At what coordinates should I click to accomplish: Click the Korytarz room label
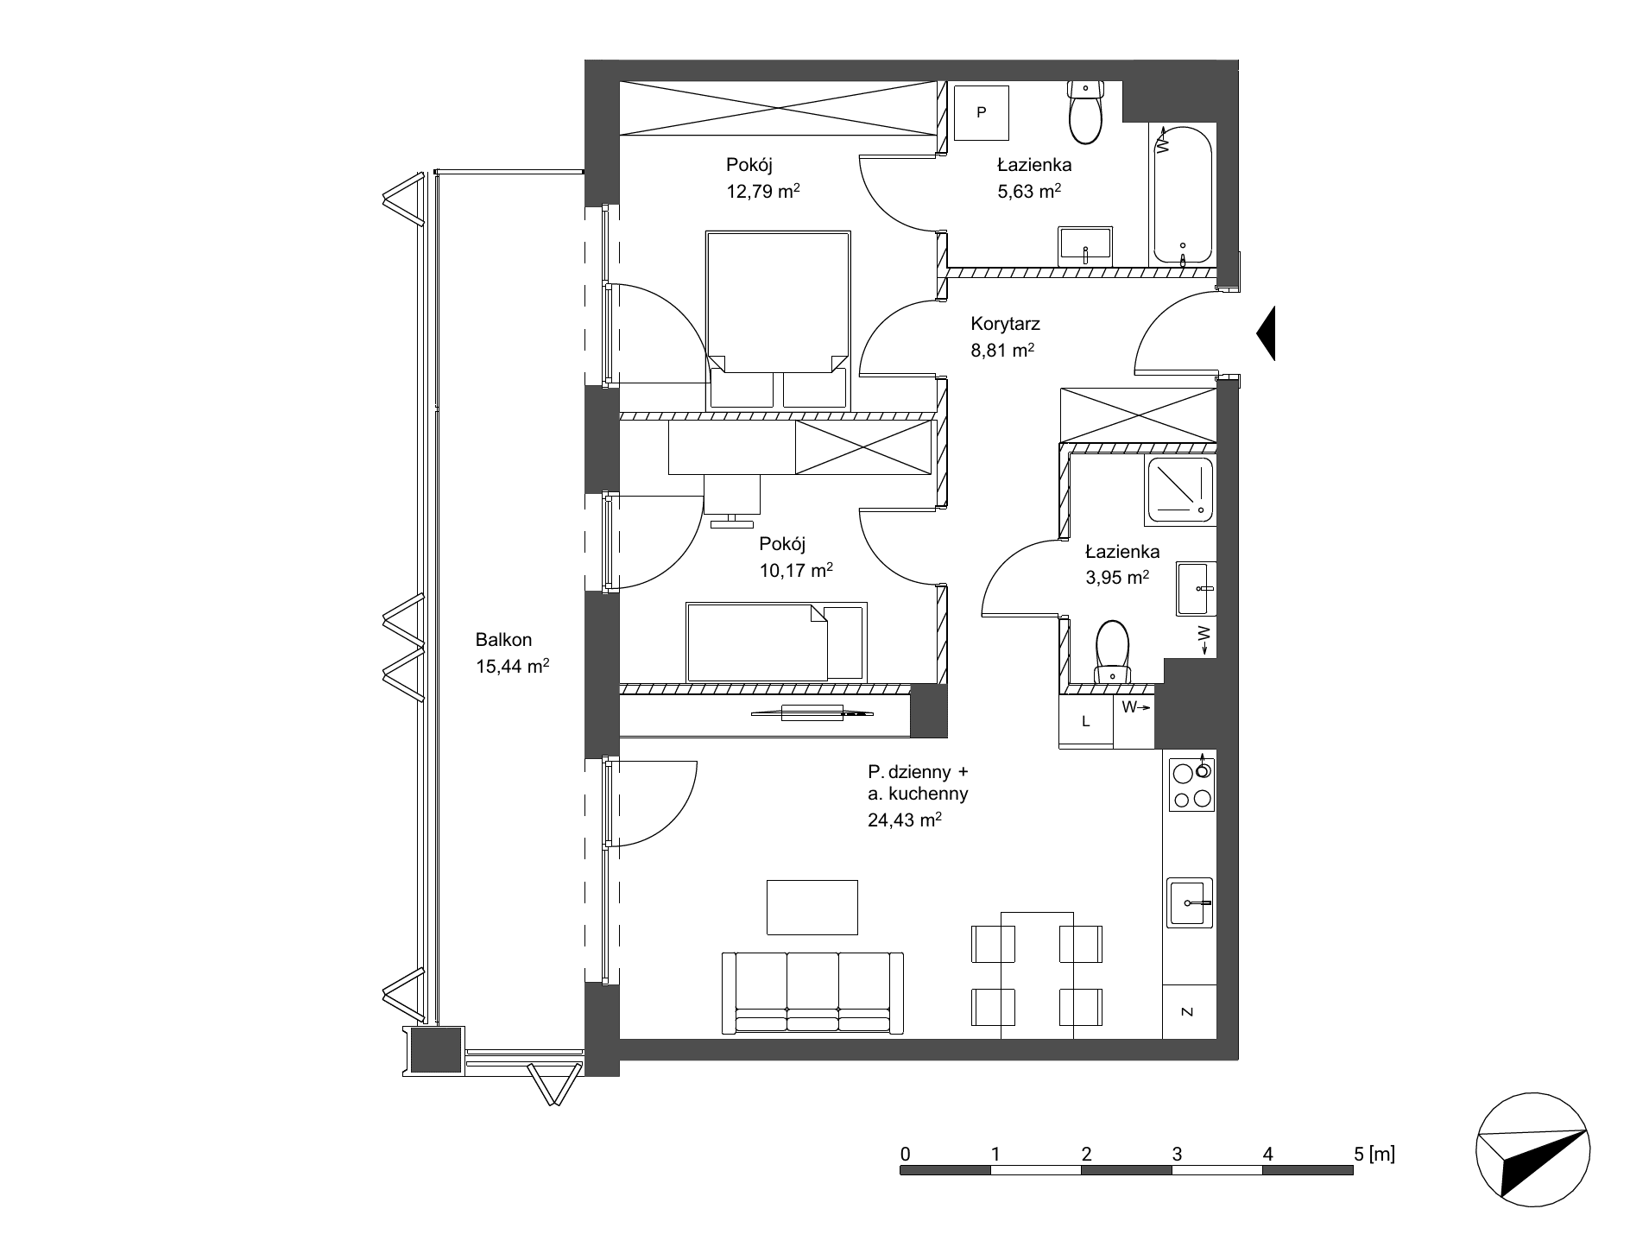point(1005,325)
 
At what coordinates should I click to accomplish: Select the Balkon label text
point(503,640)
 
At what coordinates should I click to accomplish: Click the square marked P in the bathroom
point(982,112)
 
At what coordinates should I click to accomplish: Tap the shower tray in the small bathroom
point(1179,491)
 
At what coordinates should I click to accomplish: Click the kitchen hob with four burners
point(1191,784)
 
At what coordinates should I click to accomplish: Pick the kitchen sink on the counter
point(1190,902)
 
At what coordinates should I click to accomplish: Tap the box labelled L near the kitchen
point(1086,721)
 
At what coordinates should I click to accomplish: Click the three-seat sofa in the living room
point(812,993)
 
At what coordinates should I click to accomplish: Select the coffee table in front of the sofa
point(812,907)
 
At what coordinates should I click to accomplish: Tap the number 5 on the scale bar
point(1359,1153)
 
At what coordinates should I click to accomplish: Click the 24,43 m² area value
point(905,820)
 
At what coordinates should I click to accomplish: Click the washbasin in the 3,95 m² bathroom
point(1196,589)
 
